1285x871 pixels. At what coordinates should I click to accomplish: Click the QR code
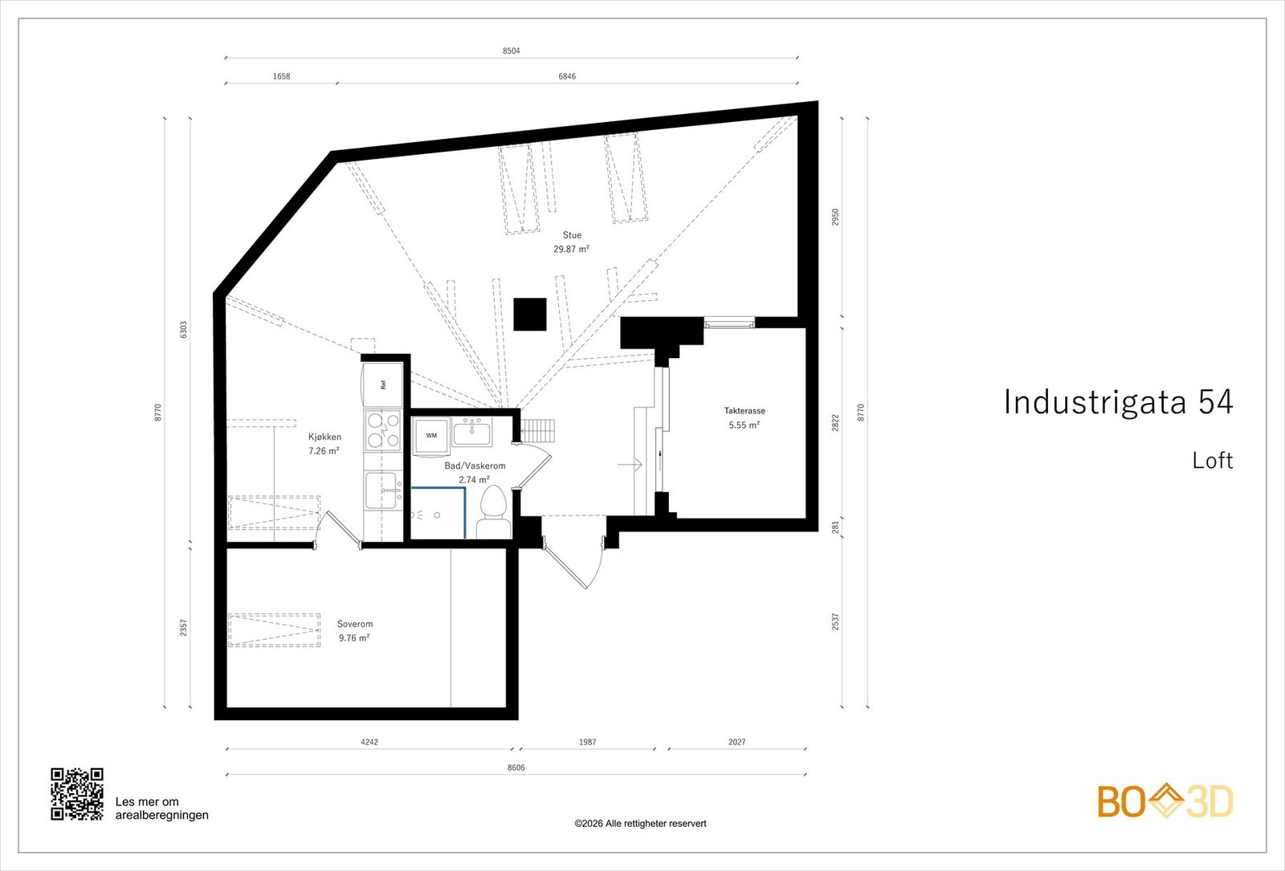click(77, 794)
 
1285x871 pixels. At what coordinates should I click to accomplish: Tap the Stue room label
click(572, 235)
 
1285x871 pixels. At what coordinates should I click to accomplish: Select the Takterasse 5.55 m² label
click(744, 417)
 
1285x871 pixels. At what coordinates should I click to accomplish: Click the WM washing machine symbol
click(431, 436)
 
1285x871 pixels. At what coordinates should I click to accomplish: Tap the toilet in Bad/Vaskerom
click(492, 506)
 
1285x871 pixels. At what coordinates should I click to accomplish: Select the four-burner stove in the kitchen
click(382, 429)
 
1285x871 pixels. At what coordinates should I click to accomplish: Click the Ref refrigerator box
click(382, 385)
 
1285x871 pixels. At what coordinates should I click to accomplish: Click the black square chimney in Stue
click(529, 314)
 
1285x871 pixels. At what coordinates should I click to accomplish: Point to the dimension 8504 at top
click(512, 51)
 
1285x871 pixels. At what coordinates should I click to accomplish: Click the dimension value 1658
click(281, 76)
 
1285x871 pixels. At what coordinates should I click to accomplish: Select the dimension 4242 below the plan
click(369, 742)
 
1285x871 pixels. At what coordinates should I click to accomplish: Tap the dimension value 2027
click(736, 742)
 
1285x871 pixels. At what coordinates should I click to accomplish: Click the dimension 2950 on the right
click(835, 217)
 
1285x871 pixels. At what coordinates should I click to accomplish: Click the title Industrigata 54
click(1118, 402)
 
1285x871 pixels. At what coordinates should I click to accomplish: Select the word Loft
click(1212, 461)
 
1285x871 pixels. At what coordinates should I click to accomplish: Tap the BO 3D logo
click(1165, 801)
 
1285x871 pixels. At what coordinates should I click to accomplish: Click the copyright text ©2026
click(640, 823)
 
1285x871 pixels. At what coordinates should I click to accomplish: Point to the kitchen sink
click(381, 490)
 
